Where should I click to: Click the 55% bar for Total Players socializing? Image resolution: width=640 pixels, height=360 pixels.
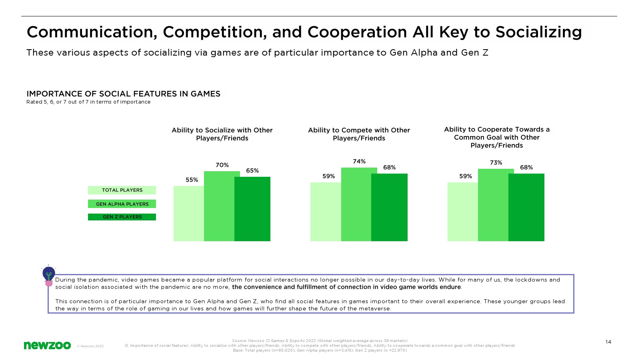click(x=188, y=214)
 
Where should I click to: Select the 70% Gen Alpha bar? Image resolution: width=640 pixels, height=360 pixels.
click(x=219, y=206)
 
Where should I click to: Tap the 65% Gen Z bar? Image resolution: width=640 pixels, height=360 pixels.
click(x=252, y=209)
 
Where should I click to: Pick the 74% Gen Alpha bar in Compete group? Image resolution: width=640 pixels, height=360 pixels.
click(x=356, y=204)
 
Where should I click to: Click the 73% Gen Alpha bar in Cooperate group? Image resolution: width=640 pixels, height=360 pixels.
click(x=493, y=205)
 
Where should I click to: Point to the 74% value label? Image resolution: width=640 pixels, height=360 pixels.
click(x=359, y=162)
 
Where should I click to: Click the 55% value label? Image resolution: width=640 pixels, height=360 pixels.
click(x=192, y=180)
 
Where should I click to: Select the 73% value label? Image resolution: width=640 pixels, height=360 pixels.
click(x=496, y=162)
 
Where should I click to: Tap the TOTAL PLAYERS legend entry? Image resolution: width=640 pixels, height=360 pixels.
click(x=122, y=190)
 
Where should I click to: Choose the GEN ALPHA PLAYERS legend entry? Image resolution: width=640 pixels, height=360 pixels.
click(x=122, y=204)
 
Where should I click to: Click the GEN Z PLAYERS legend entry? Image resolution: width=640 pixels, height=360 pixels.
click(x=122, y=217)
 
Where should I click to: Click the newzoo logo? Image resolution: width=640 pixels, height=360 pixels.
click(x=47, y=346)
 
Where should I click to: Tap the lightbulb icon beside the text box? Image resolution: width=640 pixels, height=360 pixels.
click(x=48, y=276)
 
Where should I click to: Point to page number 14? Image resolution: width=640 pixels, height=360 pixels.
click(x=608, y=342)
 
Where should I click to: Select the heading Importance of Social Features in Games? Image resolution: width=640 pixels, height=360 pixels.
click(x=124, y=94)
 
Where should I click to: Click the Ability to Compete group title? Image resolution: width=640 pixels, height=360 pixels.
click(x=359, y=134)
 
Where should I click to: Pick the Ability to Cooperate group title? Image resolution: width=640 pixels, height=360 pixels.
click(x=497, y=138)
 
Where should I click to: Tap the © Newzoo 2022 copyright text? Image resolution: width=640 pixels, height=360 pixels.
click(x=90, y=346)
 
